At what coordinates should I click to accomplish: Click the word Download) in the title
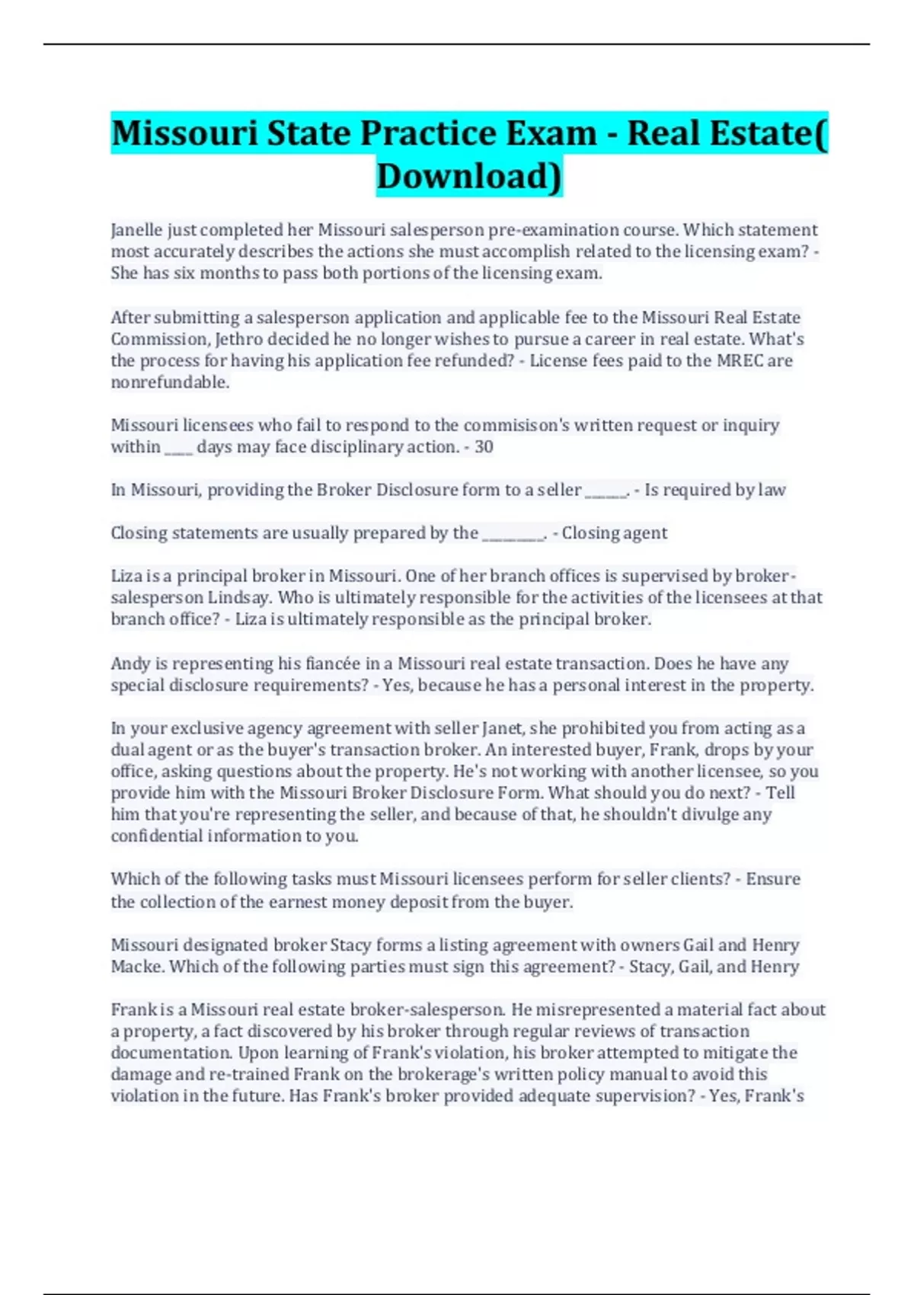[469, 176]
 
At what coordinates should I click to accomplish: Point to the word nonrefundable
[170, 382]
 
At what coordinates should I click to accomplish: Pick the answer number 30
[484, 447]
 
